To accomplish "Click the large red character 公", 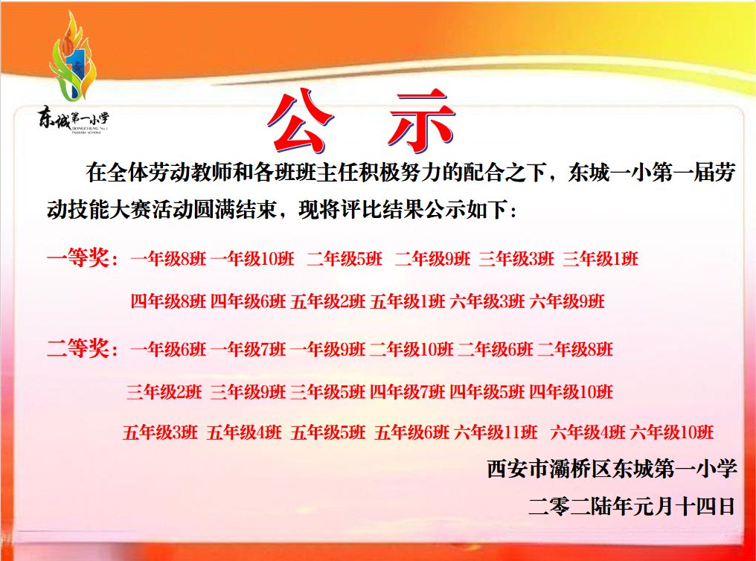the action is tap(300, 121).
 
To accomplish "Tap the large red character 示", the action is tap(421, 121).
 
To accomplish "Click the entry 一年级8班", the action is tap(168, 259).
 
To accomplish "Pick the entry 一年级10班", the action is tap(252, 259).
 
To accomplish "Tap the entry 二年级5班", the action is tap(345, 259).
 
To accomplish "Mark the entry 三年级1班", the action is tap(600, 259).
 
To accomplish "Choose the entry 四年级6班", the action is tap(248, 302).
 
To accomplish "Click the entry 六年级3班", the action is tap(487, 302).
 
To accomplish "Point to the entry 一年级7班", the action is tap(248, 349).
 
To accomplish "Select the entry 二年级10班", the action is tap(411, 349).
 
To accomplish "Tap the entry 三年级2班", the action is tap(164, 392).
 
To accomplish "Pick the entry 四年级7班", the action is tap(408, 392).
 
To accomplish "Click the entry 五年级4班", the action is tap(244, 432).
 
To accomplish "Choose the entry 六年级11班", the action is tap(496, 432).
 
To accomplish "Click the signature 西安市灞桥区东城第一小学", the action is tap(612, 469).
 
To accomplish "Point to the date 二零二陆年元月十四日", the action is tap(632, 506).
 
